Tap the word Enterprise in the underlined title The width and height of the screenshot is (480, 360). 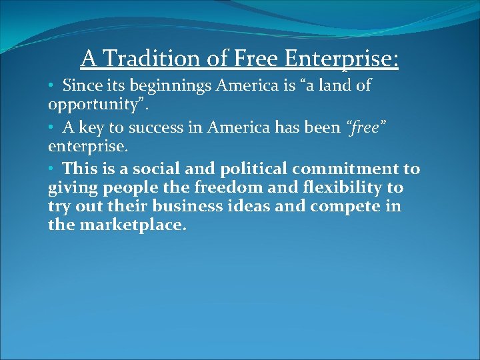coord(341,59)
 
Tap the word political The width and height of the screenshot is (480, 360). coord(237,169)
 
